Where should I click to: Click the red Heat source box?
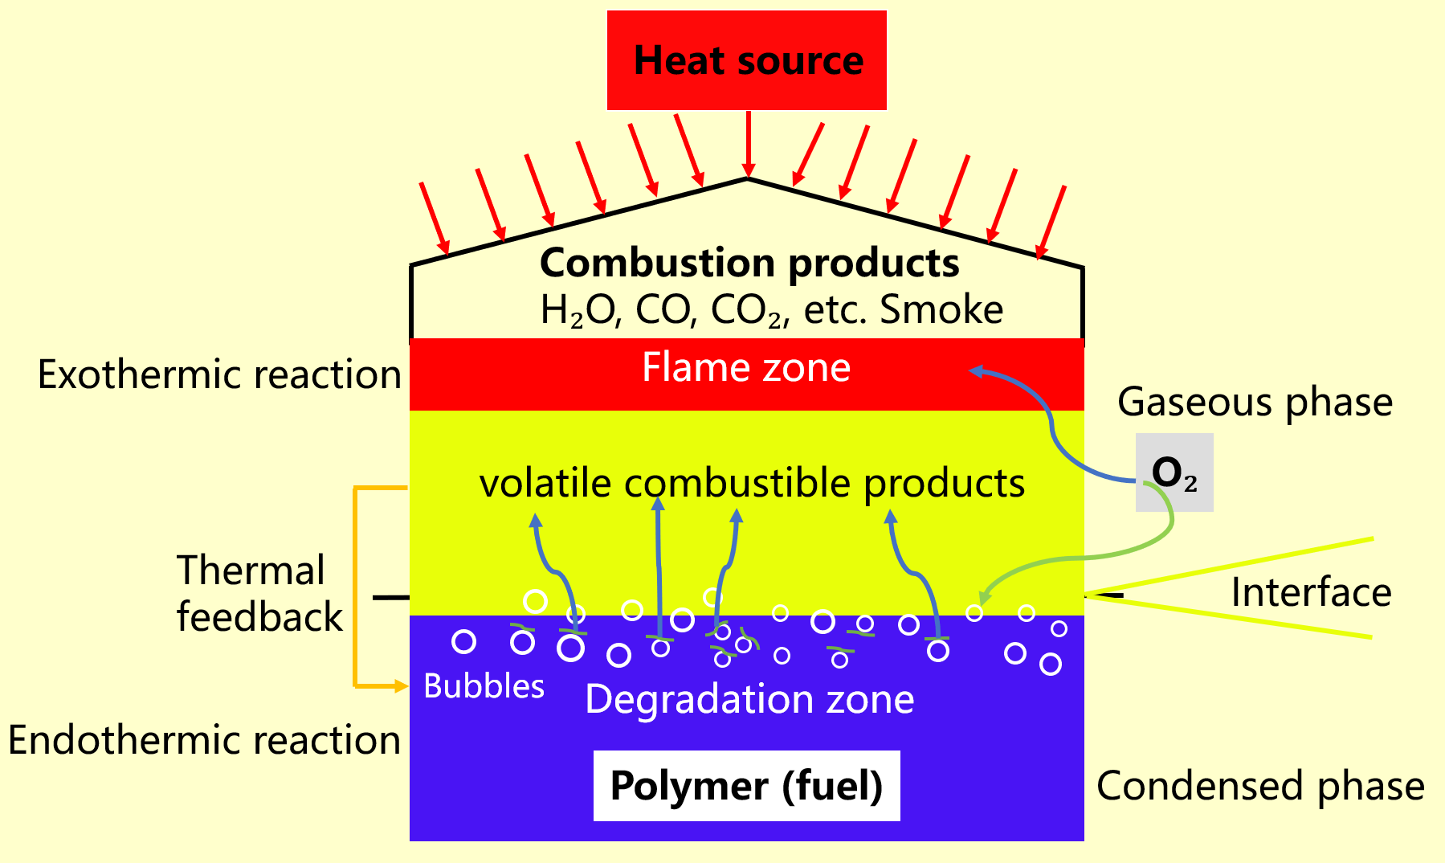coord(746,60)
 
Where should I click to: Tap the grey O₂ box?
coord(1174,472)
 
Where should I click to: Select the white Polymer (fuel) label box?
coord(746,785)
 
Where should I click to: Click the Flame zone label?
coord(746,368)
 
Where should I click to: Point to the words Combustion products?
coord(749,263)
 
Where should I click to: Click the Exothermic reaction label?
coord(219,374)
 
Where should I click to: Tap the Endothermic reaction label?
coord(204,740)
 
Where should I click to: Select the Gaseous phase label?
coord(1255,402)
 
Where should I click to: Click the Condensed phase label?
coord(1260,786)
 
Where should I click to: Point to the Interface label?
coord(1311,593)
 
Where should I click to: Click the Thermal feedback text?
coord(259,594)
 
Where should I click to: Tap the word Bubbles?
coord(484,687)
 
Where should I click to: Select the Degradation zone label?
coord(749,699)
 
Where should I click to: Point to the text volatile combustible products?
coord(752,484)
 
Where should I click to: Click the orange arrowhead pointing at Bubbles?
coord(402,686)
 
